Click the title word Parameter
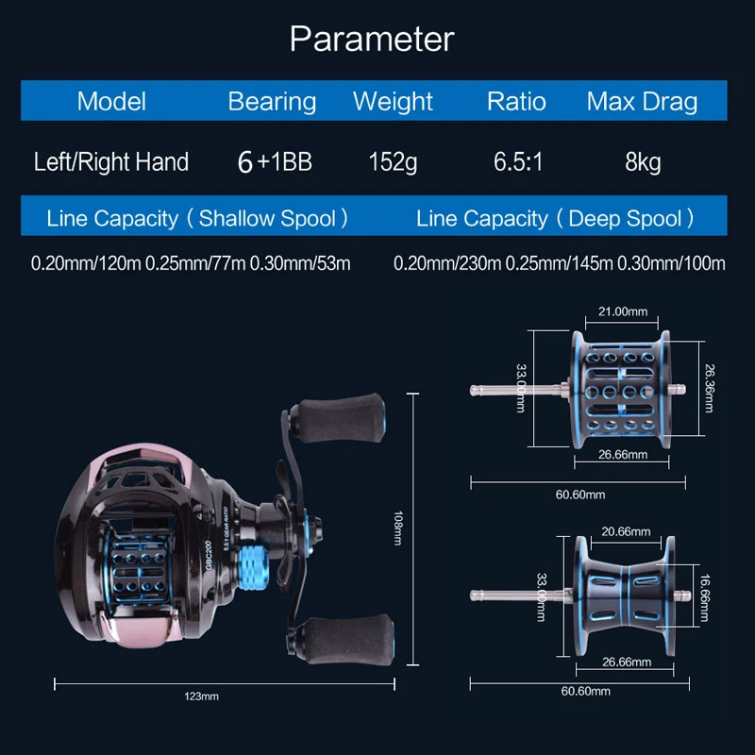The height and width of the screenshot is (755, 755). [x=371, y=40]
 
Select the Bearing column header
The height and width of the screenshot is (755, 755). [x=272, y=102]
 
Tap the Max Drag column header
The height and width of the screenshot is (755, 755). [x=642, y=102]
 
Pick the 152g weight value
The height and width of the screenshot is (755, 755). [x=393, y=162]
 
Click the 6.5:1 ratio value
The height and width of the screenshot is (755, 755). [x=516, y=162]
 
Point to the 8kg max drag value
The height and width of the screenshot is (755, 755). [x=643, y=162]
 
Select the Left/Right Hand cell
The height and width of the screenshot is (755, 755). [x=111, y=162]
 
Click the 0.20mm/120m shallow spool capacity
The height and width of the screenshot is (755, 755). [x=86, y=263]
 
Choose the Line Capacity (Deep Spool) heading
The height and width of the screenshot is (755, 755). [x=555, y=219]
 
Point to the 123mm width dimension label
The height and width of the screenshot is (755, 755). [x=202, y=696]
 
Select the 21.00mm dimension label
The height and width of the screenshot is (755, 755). [x=621, y=310]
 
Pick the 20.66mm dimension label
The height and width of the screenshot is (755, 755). [x=626, y=532]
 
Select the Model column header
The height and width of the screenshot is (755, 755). [x=111, y=102]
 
